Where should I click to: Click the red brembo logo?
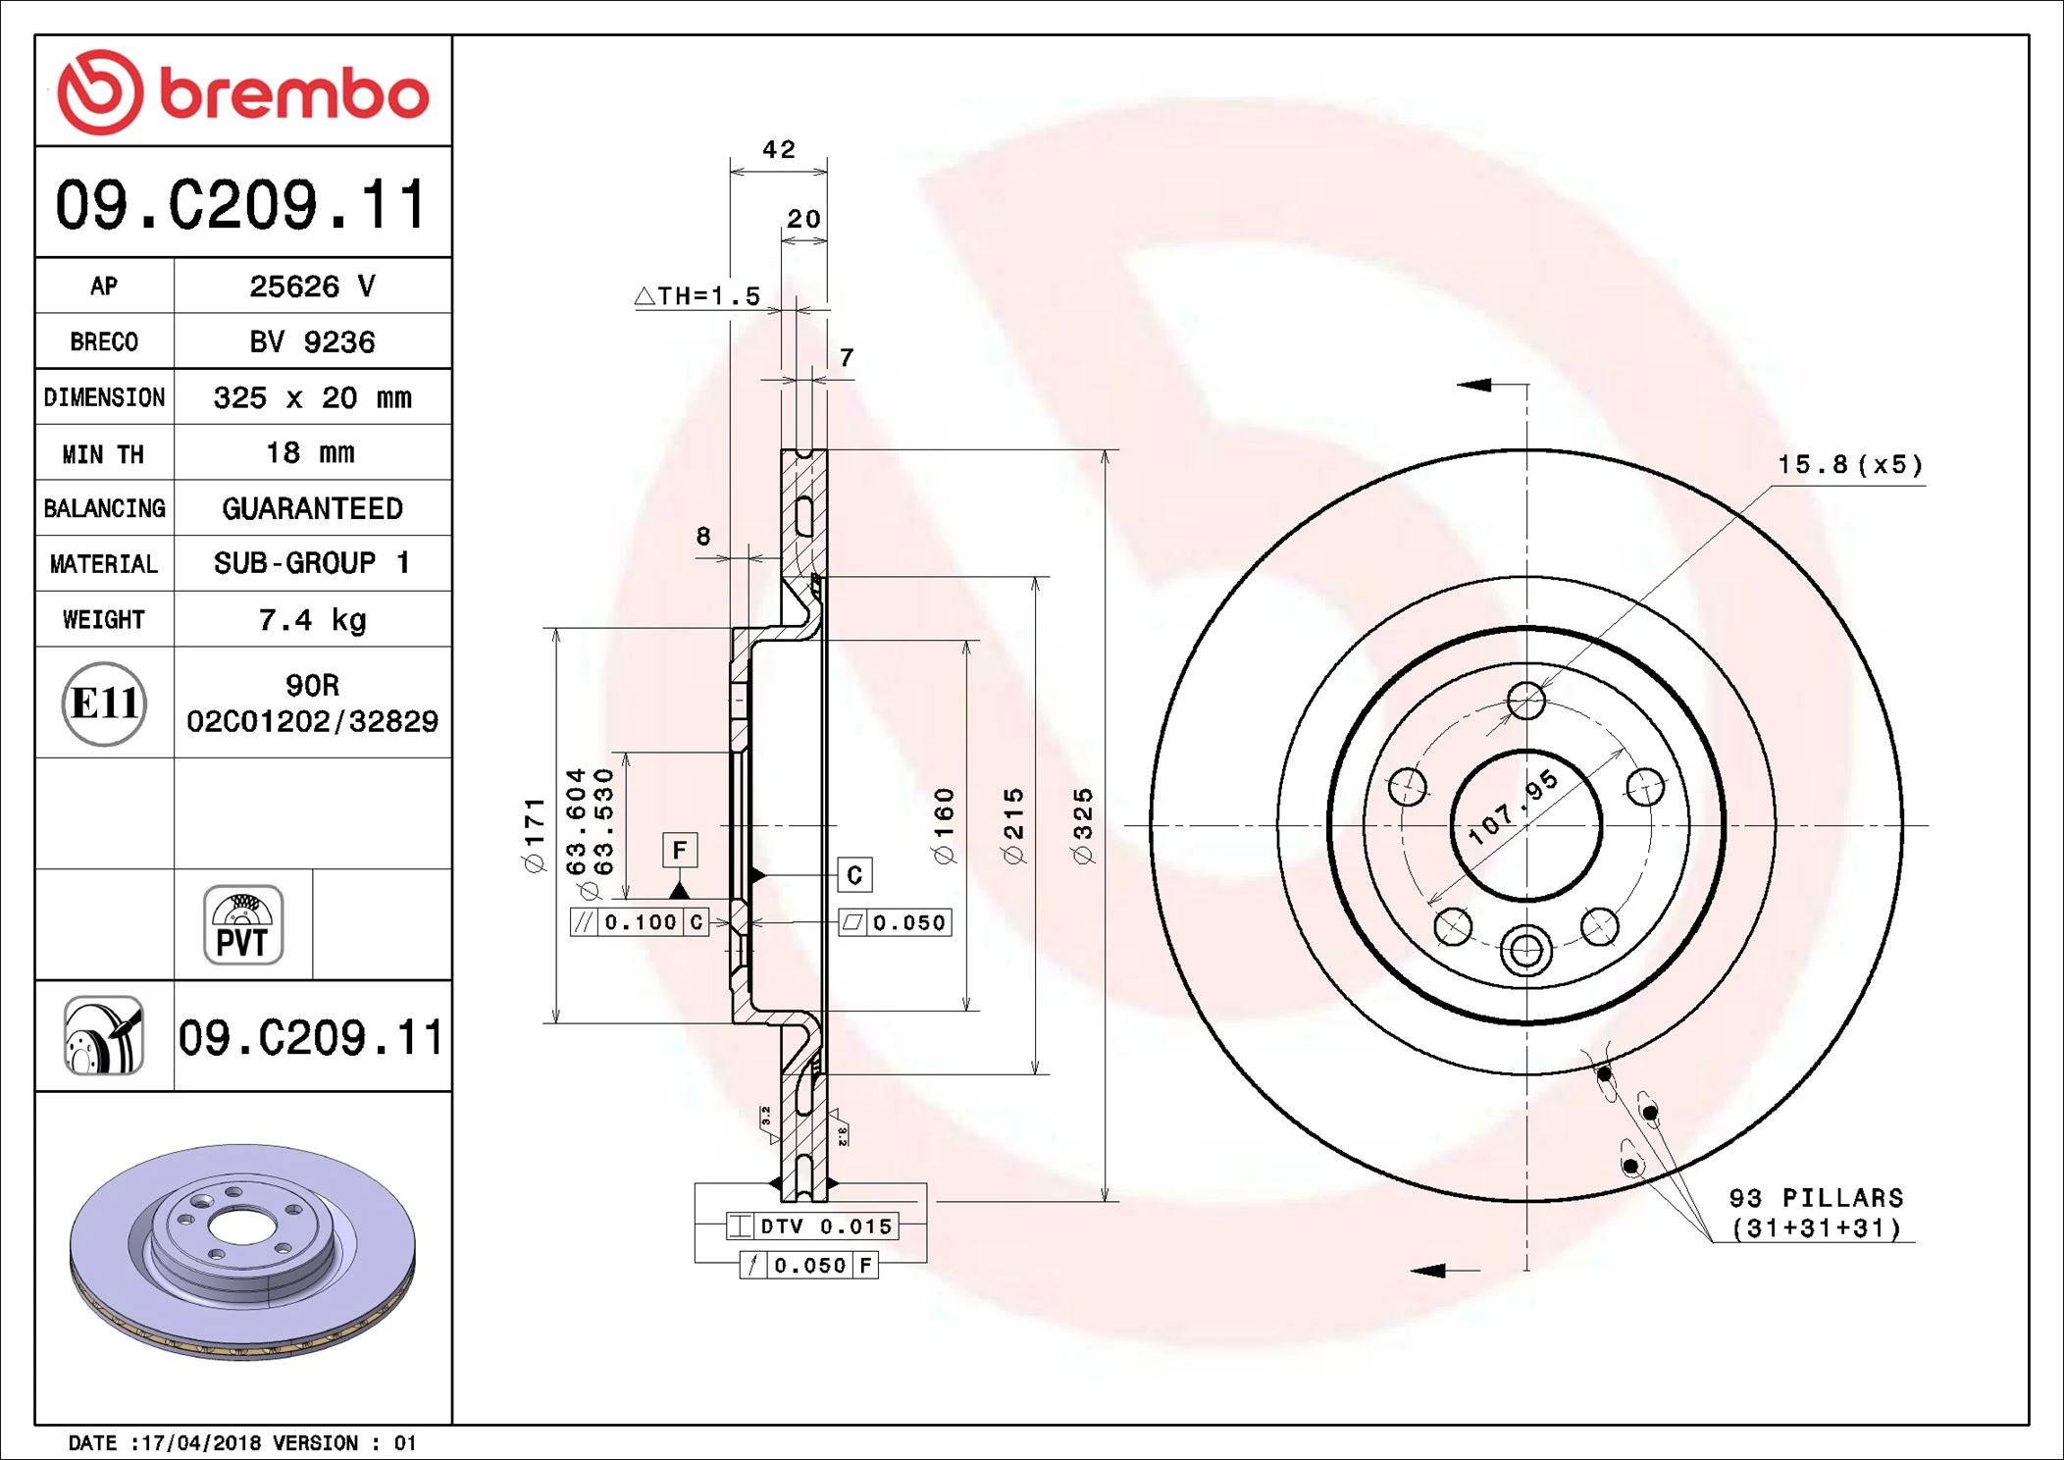pyautogui.click(x=242, y=92)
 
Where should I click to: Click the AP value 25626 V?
pyautogui.click(x=312, y=287)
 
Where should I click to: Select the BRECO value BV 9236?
pyautogui.click(x=312, y=342)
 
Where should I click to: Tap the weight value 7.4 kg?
pyautogui.click(x=312, y=620)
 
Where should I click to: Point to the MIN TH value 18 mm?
pyautogui.click(x=310, y=453)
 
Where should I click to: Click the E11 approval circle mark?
pyautogui.click(x=104, y=704)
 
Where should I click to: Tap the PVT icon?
pyautogui.click(x=243, y=925)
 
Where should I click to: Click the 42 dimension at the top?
pyautogui.click(x=779, y=150)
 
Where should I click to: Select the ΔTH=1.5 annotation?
pyautogui.click(x=698, y=296)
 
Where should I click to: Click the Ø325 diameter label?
pyautogui.click(x=1082, y=826)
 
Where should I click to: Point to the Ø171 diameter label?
pyautogui.click(x=534, y=835)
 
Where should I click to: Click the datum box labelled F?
pyautogui.click(x=680, y=850)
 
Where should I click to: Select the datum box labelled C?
pyautogui.click(x=854, y=875)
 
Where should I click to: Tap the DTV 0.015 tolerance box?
pyautogui.click(x=811, y=1226)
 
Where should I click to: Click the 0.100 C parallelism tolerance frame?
pyautogui.click(x=640, y=922)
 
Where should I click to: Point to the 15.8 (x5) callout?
pyautogui.click(x=1850, y=465)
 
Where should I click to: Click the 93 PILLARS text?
pyautogui.click(x=1816, y=1198)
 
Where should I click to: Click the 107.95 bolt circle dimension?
pyautogui.click(x=1513, y=808)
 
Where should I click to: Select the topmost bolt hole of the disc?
pyautogui.click(x=1526, y=701)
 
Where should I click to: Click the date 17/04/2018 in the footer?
pyautogui.click(x=201, y=1443)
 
